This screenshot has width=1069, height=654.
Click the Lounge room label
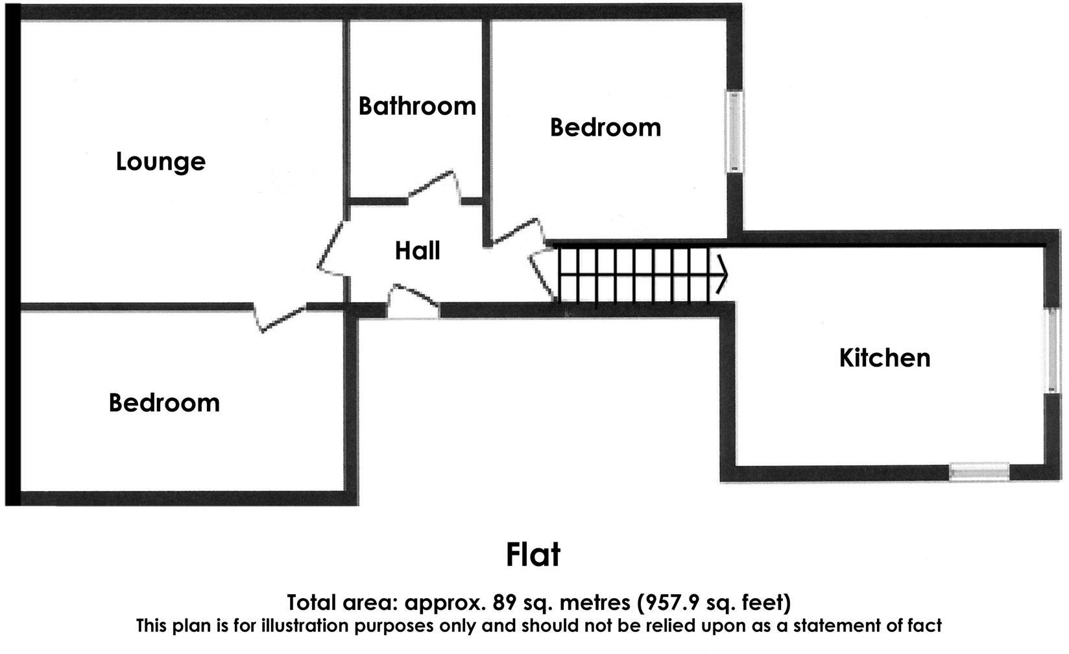coord(160,162)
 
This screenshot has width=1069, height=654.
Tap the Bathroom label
coord(417,106)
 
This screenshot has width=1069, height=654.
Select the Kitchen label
coord(884,357)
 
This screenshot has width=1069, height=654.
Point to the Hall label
coord(417,250)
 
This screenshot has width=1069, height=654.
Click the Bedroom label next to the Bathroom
coord(605,127)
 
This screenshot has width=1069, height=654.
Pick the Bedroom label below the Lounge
coord(164,403)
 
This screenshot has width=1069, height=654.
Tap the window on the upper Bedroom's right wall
coord(734,132)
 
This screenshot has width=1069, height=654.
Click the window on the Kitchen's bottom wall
coord(979,472)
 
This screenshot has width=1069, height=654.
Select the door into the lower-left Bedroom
coord(279,318)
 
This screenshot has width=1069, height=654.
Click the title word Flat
coord(533,555)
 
